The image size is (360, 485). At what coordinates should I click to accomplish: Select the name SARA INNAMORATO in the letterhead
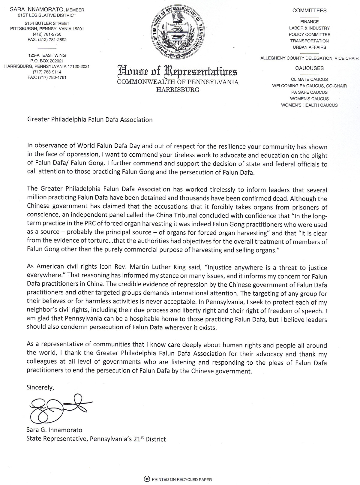[x=35, y=10]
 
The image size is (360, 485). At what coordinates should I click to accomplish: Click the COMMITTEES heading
[x=309, y=11]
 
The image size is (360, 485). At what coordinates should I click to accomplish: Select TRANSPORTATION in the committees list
[x=309, y=41]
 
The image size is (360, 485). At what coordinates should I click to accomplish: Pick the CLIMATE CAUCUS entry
[x=309, y=80]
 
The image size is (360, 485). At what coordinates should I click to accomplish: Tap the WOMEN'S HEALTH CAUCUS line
[x=309, y=105]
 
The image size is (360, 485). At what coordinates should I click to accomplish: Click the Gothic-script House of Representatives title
[x=178, y=72]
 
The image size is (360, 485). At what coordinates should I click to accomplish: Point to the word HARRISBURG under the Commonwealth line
[x=178, y=89]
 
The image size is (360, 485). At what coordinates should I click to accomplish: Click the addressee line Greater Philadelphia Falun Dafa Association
[x=90, y=120]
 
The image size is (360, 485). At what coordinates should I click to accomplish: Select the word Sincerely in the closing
[x=40, y=387]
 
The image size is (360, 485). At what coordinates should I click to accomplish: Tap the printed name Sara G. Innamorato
[x=54, y=430]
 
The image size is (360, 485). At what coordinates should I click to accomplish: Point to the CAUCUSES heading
[x=309, y=68]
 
